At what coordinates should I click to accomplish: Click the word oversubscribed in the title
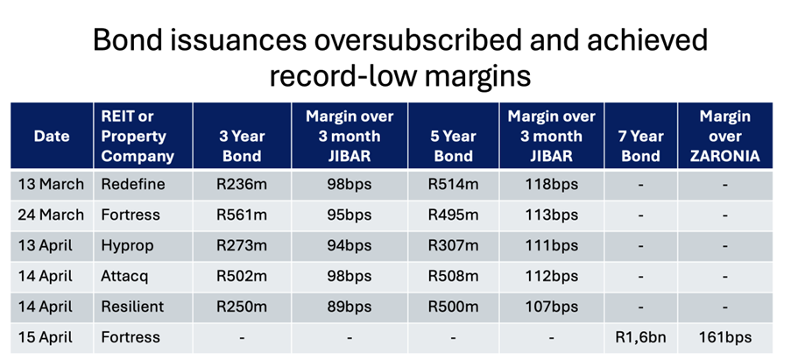[x=417, y=39]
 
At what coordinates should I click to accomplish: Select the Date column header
[x=52, y=136]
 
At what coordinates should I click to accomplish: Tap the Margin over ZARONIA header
[x=725, y=136]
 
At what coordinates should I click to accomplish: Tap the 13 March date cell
[x=51, y=184]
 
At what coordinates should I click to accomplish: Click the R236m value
[x=242, y=184]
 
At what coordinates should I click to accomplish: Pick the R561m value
[x=242, y=215]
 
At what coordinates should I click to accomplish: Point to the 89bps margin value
[x=350, y=307]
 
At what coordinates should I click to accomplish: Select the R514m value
[x=453, y=184]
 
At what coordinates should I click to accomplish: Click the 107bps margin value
[x=551, y=307]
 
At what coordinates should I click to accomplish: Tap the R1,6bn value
[x=640, y=337]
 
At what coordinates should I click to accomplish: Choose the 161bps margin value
[x=725, y=337]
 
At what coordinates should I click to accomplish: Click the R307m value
[x=453, y=245]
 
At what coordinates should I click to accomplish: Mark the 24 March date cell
[x=51, y=215]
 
